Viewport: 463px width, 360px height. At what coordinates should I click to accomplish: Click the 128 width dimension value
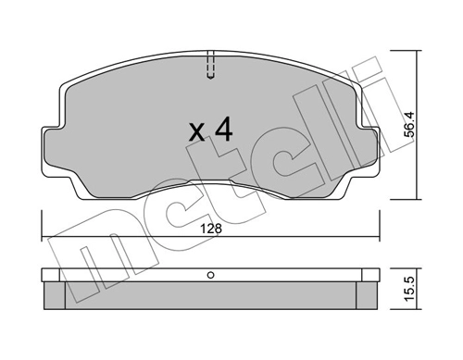tap(211, 230)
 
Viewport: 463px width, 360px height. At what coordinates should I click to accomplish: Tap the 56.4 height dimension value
tap(410, 124)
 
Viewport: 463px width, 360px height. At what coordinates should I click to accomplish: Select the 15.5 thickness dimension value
tap(410, 290)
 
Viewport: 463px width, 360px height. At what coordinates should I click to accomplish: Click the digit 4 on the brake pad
tap(224, 129)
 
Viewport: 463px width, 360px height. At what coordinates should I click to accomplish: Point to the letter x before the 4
tap(196, 132)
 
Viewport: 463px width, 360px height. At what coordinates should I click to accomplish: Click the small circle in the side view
tap(211, 275)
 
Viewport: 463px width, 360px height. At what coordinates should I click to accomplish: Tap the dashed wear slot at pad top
tap(210, 66)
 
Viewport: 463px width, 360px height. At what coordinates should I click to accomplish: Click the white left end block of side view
tap(50, 275)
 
